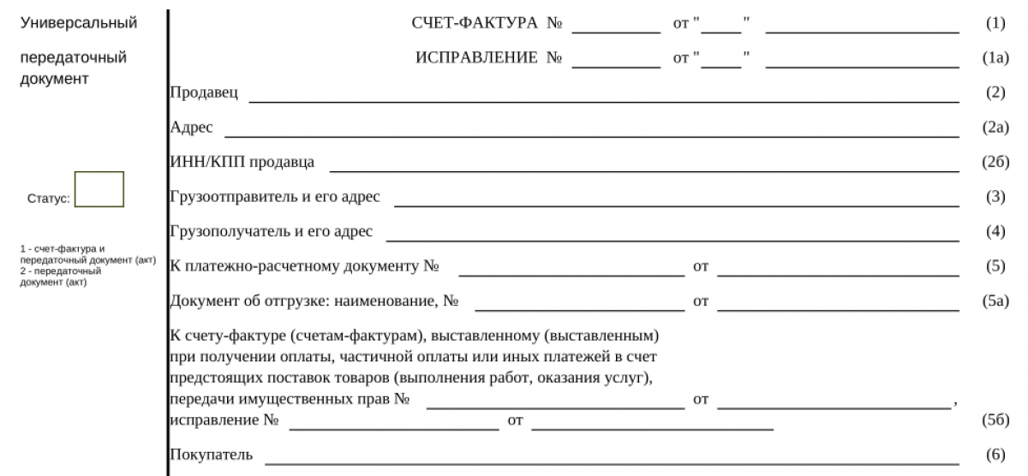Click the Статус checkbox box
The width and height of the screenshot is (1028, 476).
(99, 189)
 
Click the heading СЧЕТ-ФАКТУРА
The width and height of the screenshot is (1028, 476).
(475, 23)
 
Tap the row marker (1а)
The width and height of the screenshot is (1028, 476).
(995, 58)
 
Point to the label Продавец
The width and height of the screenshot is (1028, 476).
(204, 92)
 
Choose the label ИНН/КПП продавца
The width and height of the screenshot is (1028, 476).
(242, 162)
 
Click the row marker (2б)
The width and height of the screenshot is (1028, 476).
(995, 162)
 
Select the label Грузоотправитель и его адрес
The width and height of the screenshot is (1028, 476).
(275, 197)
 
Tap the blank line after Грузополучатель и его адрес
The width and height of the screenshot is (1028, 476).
(672, 239)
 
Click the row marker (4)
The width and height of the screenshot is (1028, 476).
(995, 231)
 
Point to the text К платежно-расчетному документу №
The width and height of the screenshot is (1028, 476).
(305, 266)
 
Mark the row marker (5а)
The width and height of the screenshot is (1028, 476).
(995, 300)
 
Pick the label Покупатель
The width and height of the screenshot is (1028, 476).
(212, 455)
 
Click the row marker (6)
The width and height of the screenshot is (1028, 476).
(995, 455)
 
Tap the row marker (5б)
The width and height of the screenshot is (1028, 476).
(995, 420)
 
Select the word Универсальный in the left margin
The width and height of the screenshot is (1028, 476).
(78, 23)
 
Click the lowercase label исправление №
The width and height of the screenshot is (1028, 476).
(225, 420)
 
